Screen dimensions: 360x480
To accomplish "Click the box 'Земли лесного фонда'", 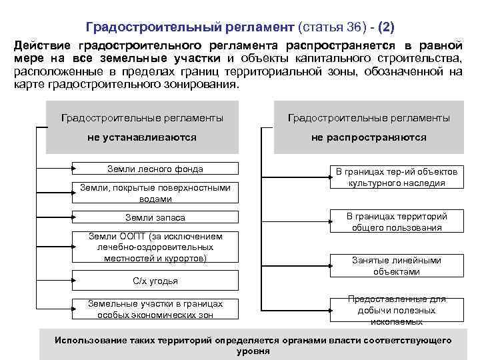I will (x=155, y=169).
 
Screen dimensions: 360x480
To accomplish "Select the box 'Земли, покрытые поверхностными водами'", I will (x=155, y=193).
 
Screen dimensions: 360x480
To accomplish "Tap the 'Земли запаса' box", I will (x=155, y=218).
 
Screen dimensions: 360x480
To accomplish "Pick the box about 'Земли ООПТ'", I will (x=155, y=247).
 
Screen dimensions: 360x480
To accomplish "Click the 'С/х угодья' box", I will (x=155, y=281).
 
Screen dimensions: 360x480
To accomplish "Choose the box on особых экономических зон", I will (x=155, y=309).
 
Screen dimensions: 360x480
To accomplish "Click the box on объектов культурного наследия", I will (x=396, y=177).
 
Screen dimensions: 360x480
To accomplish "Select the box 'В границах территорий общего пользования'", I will (x=396, y=222).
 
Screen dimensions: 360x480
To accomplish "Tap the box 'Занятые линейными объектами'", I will (x=396, y=266).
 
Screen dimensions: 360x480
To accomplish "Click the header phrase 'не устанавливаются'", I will (x=142, y=137).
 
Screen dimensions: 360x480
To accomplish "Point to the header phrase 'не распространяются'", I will (x=369, y=137).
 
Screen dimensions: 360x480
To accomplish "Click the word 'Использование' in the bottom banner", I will (x=89, y=340).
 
